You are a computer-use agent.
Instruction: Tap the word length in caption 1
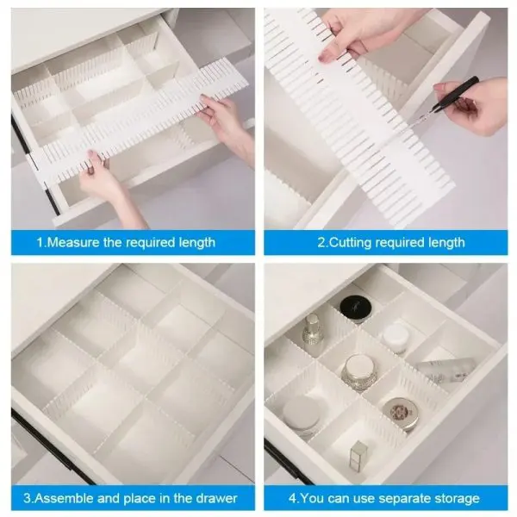(196, 243)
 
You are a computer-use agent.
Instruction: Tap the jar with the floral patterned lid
(398, 414)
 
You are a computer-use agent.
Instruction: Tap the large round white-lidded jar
(302, 412)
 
